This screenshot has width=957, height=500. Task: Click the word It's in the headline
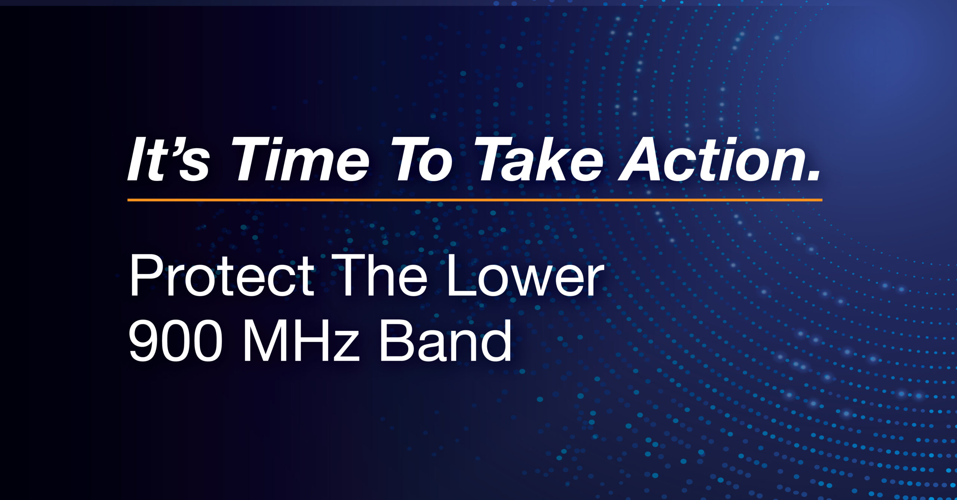click(x=168, y=159)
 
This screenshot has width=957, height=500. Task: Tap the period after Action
click(x=813, y=175)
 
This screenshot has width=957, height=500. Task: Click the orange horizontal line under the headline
click(x=475, y=200)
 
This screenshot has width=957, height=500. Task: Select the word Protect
click(x=222, y=275)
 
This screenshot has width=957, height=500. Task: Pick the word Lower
click(x=525, y=275)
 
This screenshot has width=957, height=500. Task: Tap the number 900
click(x=175, y=341)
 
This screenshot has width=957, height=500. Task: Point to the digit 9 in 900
click(x=144, y=341)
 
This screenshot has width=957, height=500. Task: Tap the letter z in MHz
click(x=345, y=346)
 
